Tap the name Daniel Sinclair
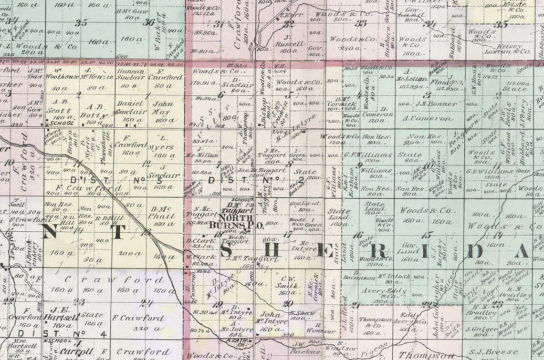pyautogui.click(x=130, y=107)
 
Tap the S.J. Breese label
pyautogui.click(x=501, y=351)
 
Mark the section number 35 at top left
pyautogui.click(x=82, y=22)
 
